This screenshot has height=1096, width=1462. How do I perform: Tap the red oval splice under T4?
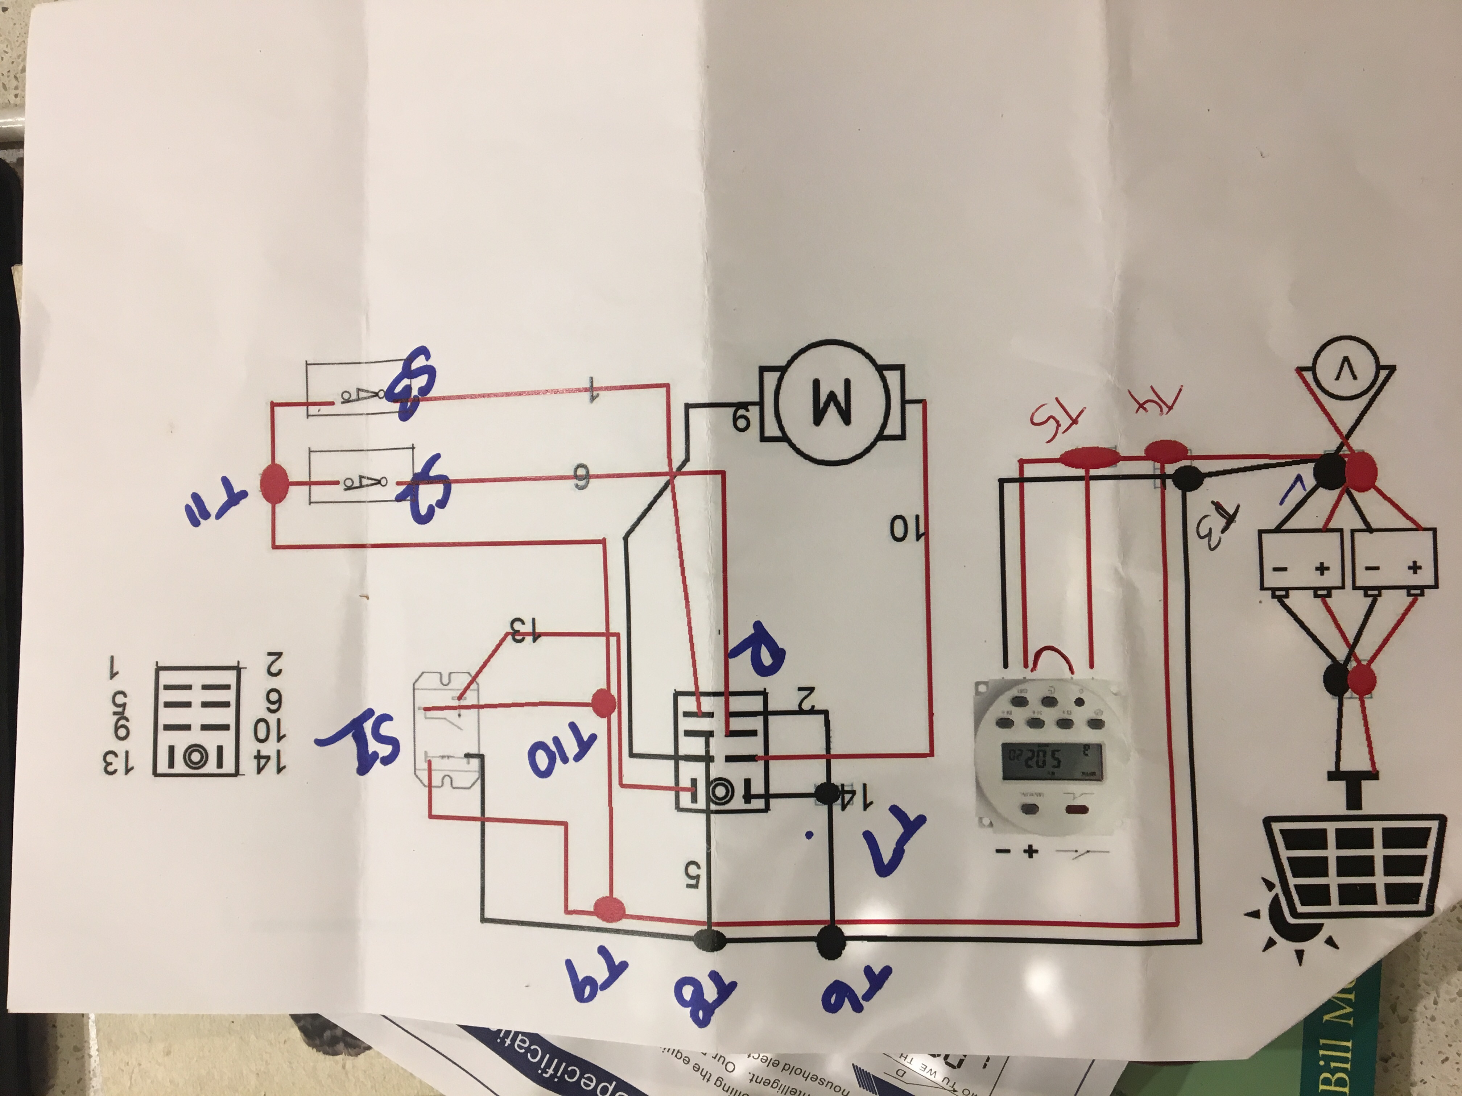pyautogui.click(x=1165, y=451)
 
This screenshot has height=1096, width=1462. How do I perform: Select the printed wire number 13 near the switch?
pyautogui.click(x=529, y=628)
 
